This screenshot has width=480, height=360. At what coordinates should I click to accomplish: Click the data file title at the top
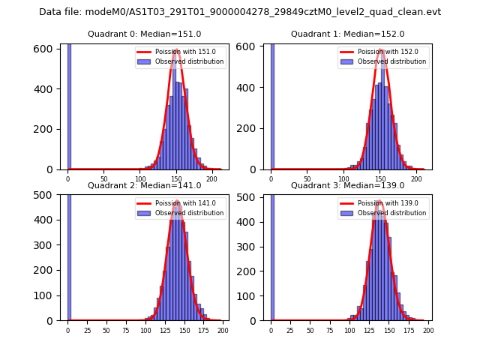pyautogui.click(x=240, y=12)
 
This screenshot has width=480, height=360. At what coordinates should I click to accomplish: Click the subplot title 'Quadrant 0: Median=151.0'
pyautogui.click(x=144, y=34)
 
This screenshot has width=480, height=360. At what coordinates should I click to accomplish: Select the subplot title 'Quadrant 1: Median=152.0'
pyautogui.click(x=347, y=34)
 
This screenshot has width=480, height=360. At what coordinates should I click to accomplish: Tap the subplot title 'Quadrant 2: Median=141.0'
pyautogui.click(x=144, y=185)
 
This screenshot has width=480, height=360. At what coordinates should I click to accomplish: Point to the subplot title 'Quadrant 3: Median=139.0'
pyautogui.click(x=347, y=185)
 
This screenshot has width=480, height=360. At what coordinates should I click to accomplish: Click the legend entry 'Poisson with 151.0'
pyautogui.click(x=179, y=52)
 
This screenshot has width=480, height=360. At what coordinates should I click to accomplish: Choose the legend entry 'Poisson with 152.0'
pyautogui.click(x=382, y=52)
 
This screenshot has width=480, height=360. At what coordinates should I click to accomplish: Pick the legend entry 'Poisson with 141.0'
pyautogui.click(x=179, y=203)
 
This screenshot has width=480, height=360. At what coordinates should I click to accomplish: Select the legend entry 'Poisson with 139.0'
pyautogui.click(x=382, y=203)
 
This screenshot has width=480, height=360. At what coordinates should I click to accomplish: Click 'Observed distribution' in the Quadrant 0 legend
pyautogui.click(x=189, y=61)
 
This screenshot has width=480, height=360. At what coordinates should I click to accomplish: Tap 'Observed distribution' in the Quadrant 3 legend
pyautogui.click(x=392, y=213)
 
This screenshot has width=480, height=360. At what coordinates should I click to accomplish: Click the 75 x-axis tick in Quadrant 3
pyautogui.click(x=330, y=331)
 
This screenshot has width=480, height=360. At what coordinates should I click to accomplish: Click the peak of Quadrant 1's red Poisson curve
pyautogui.click(x=381, y=50)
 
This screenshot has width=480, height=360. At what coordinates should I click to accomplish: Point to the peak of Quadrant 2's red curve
pyautogui.click(x=177, y=201)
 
